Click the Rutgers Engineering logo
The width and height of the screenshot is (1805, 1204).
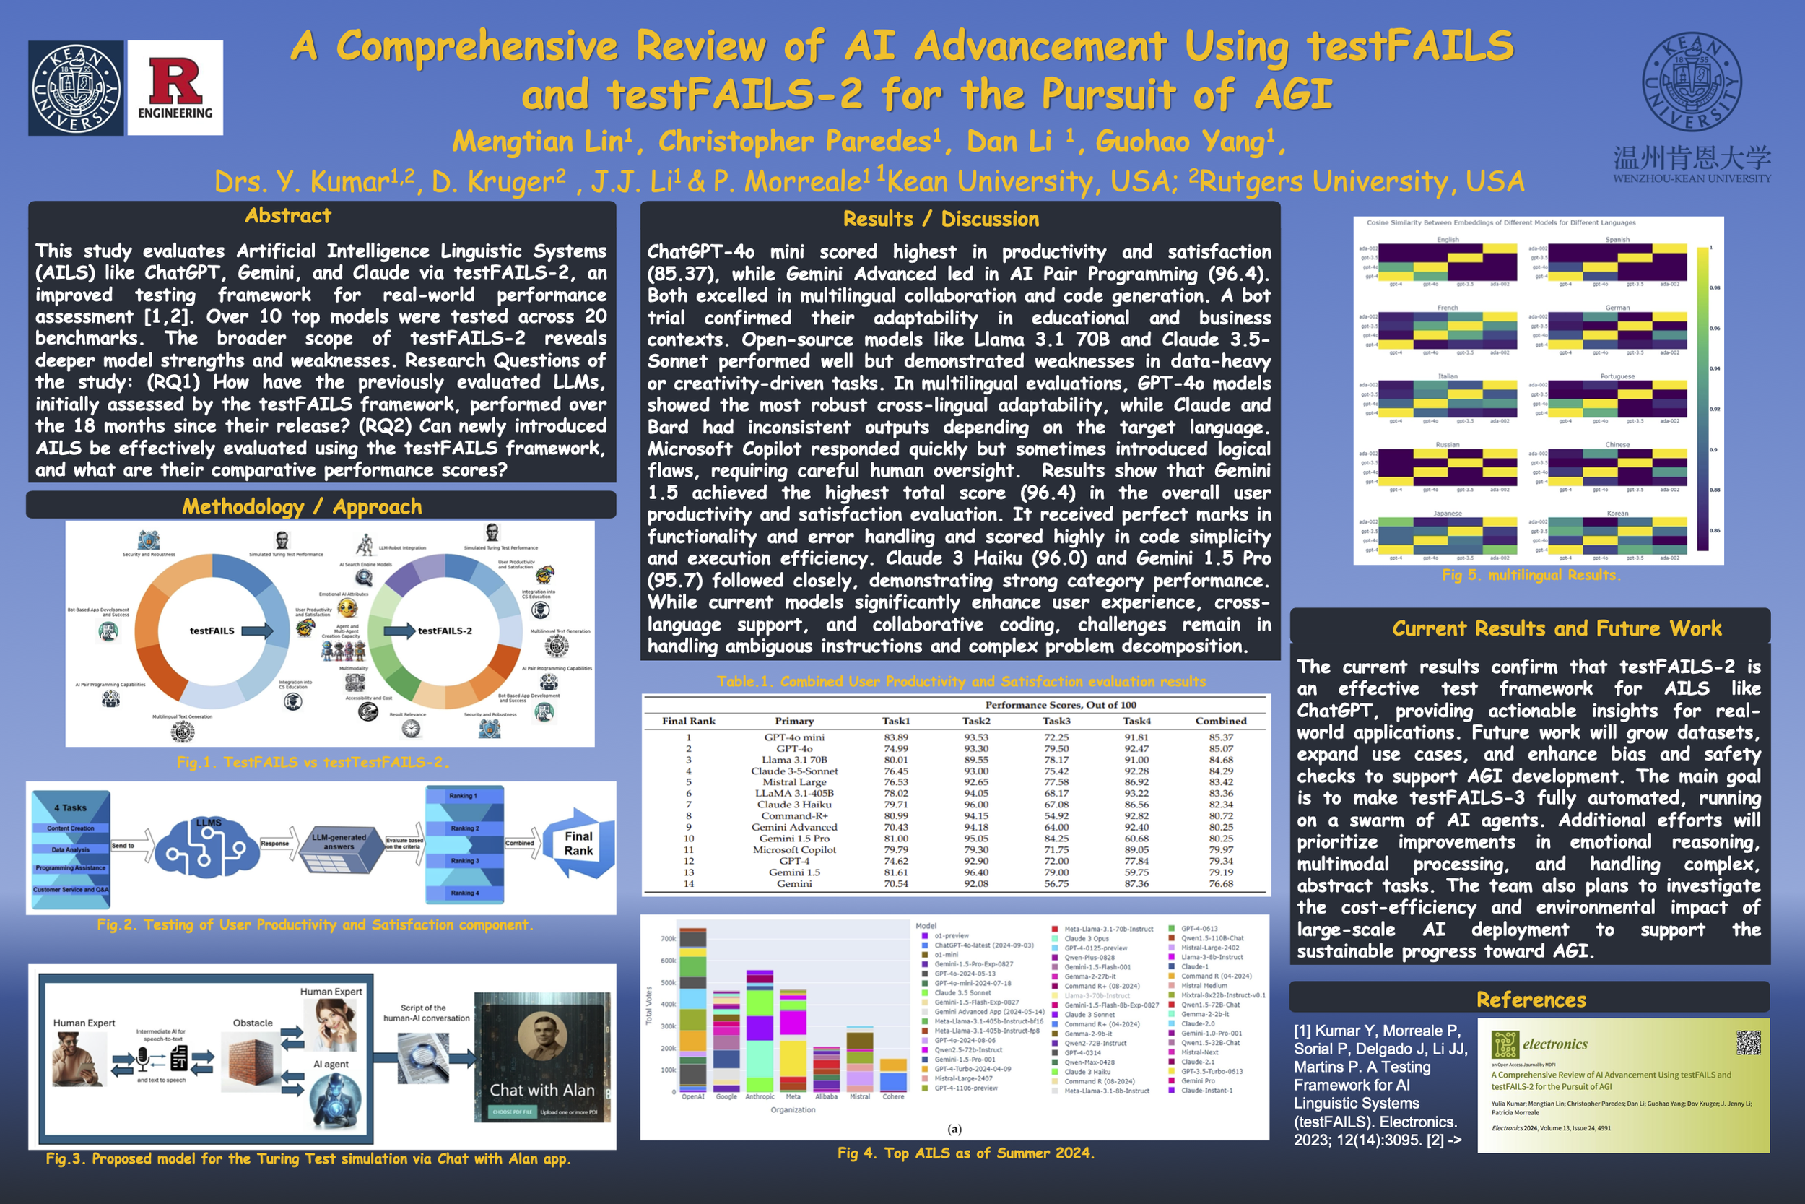click(x=175, y=87)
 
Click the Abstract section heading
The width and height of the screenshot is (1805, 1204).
click(x=288, y=216)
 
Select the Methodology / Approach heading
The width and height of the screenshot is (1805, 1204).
click(x=302, y=507)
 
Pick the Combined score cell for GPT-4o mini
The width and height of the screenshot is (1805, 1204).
click(x=1220, y=737)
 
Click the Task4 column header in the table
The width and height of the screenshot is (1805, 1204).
click(x=1136, y=721)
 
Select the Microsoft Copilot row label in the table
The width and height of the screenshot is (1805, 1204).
click(x=793, y=850)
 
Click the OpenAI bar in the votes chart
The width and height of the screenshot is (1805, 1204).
click(x=693, y=1010)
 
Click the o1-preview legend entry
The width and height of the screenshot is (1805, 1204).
click(x=951, y=936)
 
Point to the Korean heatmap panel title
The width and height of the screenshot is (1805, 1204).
click(x=1617, y=513)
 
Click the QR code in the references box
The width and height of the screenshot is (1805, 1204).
click(x=1748, y=1042)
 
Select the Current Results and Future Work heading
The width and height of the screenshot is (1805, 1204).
click(x=1557, y=629)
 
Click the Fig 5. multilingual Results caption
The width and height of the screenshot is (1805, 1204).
click(x=1531, y=575)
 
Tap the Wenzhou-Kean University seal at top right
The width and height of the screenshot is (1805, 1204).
click(x=1692, y=82)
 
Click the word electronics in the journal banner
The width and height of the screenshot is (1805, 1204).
click(x=1554, y=1044)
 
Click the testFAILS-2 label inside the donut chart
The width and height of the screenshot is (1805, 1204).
click(x=444, y=631)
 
